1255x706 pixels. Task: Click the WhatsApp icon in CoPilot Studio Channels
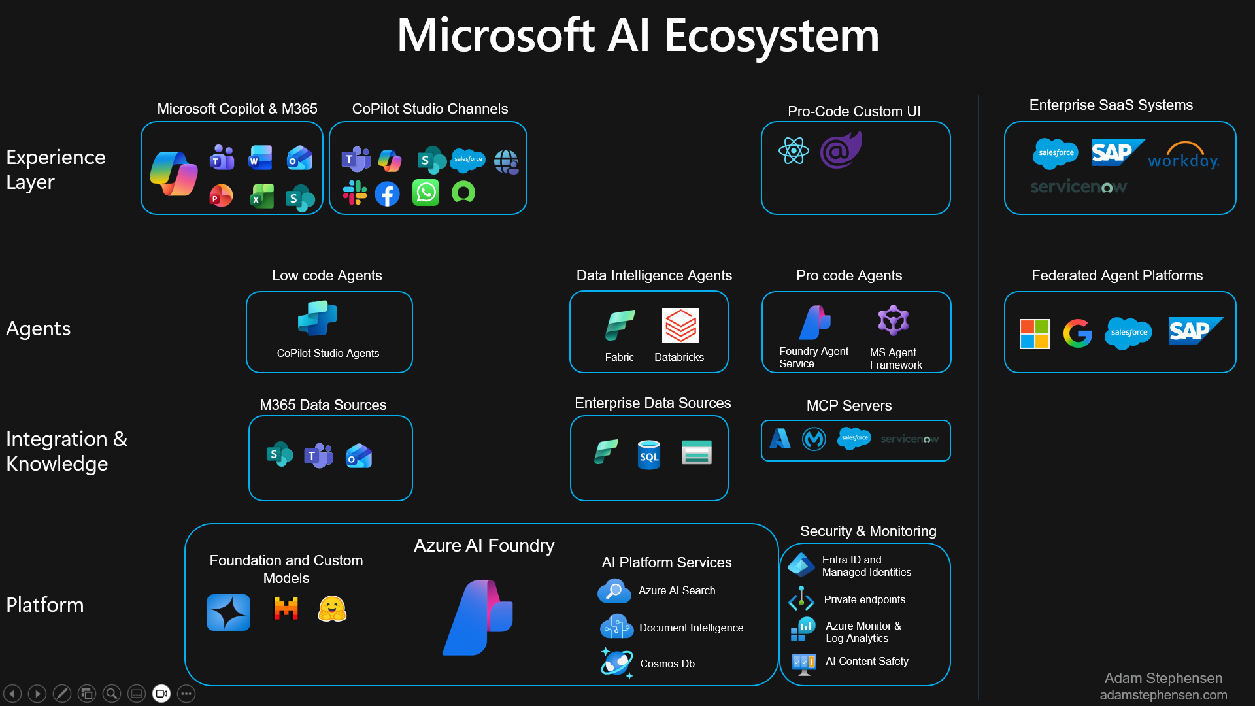pos(426,193)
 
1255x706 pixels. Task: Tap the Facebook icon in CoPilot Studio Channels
pos(388,194)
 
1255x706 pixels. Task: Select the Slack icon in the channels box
pos(355,193)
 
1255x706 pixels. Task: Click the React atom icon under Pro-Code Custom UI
pos(794,151)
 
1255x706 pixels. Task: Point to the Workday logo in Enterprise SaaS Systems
pos(1184,156)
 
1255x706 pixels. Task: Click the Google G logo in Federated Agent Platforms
pos(1077,333)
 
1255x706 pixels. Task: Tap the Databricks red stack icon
pos(680,325)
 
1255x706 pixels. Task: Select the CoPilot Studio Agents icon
pos(318,319)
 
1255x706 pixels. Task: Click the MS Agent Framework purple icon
pos(893,321)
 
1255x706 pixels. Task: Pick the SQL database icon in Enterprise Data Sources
pos(649,454)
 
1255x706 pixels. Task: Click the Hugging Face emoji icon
pos(332,609)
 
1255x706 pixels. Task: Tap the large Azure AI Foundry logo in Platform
pos(479,617)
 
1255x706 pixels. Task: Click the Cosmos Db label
pos(667,664)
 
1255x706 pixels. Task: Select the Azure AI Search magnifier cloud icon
pos(614,591)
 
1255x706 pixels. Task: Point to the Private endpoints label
pos(864,599)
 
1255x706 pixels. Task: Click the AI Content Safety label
pos(867,661)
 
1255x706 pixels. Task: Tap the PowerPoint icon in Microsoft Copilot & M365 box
pos(221,195)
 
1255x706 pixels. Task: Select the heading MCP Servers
pos(848,405)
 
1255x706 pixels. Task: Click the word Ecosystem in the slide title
pos(771,35)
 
